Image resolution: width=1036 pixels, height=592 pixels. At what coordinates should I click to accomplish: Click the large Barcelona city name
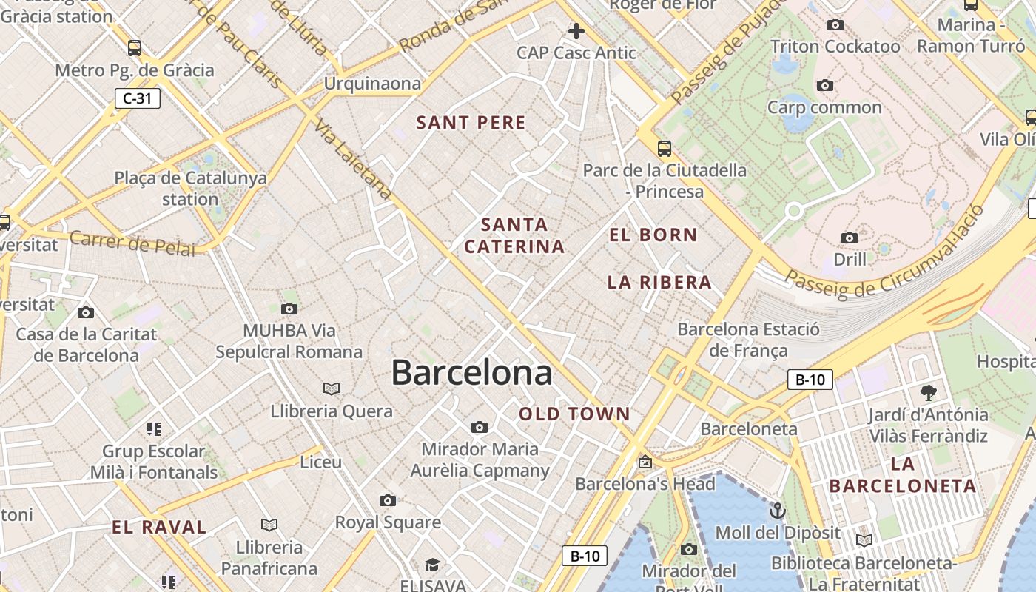tap(471, 372)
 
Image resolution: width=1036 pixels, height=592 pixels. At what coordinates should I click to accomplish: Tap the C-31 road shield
tap(138, 98)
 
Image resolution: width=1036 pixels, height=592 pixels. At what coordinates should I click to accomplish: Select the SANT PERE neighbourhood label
tap(471, 123)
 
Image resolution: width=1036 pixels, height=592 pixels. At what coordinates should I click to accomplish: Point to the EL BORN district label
tap(653, 235)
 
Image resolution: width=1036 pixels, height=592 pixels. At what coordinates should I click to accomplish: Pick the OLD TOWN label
tap(574, 414)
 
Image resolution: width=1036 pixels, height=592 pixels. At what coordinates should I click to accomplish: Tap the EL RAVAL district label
tap(159, 528)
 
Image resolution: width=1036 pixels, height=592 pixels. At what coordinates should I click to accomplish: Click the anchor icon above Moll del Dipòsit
tap(777, 511)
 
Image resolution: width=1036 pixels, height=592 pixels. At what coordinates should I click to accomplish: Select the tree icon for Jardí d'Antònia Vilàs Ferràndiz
tap(929, 392)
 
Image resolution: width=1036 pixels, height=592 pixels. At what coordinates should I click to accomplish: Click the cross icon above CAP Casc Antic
tap(576, 31)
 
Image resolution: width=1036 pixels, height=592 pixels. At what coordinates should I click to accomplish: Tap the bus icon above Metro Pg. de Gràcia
tap(135, 48)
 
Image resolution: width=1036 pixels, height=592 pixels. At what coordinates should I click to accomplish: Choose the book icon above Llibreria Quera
tap(332, 388)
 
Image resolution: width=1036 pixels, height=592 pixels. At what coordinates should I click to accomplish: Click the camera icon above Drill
tap(850, 238)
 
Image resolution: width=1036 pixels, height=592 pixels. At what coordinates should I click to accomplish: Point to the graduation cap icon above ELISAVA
tap(432, 565)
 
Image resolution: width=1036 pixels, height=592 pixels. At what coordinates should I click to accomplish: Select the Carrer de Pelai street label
tap(133, 243)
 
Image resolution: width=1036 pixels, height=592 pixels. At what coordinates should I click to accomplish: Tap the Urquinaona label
tap(372, 84)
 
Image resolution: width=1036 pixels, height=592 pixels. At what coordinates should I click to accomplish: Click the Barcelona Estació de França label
tap(748, 339)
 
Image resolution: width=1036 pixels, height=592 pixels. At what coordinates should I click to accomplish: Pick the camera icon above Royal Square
tap(387, 500)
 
